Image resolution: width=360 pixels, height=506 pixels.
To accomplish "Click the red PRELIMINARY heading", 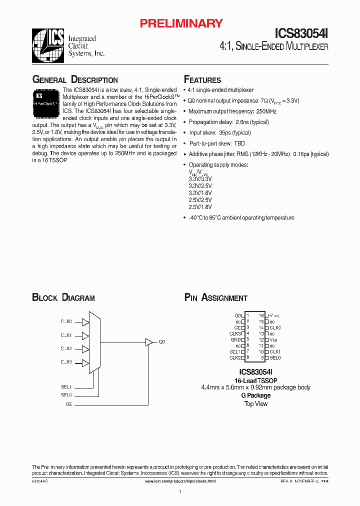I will tap(180, 23).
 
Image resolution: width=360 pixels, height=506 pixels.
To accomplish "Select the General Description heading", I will tap(75, 80).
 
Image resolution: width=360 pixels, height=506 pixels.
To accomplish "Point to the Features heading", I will tap(202, 80).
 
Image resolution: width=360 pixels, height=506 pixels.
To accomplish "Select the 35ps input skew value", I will tap(225, 133).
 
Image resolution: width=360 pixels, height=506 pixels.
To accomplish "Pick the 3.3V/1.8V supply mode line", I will tap(200, 192).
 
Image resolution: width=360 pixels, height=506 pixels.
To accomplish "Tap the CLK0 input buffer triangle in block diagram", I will tap(85, 322).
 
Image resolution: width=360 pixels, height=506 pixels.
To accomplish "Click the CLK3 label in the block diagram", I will tap(66, 361).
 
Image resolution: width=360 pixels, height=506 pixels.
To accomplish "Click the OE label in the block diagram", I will tap(68, 403).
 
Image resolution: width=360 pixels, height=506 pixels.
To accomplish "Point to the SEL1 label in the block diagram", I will tap(66, 386).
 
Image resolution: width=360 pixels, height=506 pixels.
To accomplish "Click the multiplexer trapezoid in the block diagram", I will tap(95, 342).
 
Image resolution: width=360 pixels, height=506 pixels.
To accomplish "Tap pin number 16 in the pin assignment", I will tap(261, 315).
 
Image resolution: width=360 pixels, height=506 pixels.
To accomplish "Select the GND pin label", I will tap(236, 339).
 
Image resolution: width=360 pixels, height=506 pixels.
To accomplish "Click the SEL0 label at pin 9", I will tap(275, 357).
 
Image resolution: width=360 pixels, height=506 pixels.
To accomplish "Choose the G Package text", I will tap(255, 395).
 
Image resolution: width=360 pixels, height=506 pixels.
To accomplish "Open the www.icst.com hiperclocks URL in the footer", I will tap(180, 481).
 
